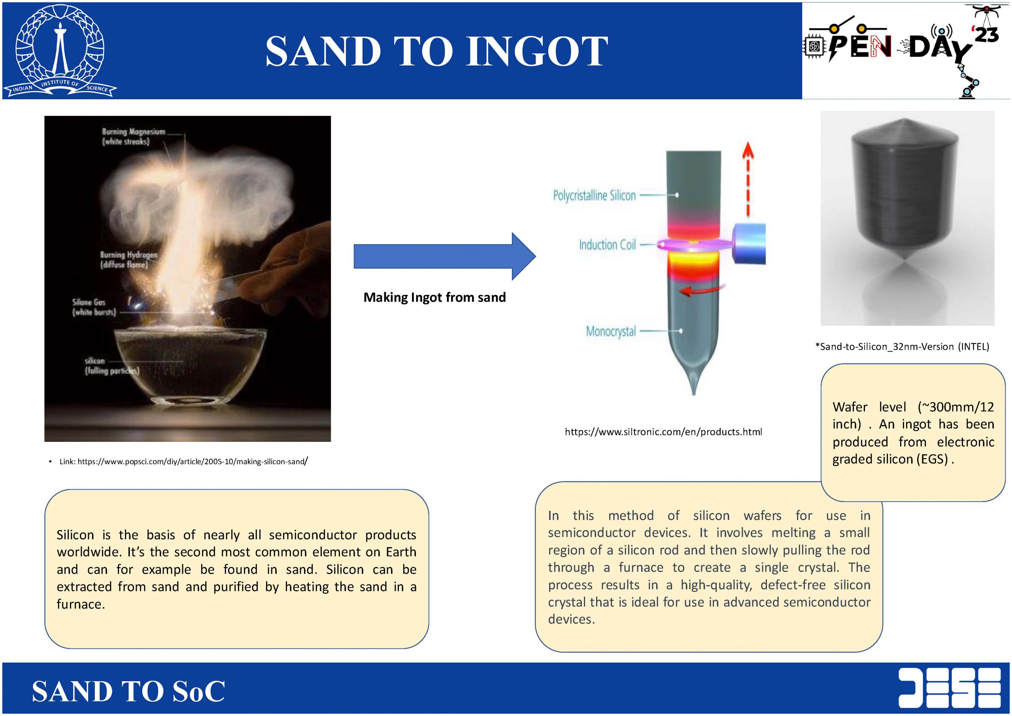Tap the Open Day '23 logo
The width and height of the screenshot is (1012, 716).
click(x=905, y=51)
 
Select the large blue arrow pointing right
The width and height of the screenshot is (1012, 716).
click(x=444, y=256)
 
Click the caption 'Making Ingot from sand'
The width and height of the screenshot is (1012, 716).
click(x=434, y=297)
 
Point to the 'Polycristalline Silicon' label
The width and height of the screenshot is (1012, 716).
click(x=594, y=195)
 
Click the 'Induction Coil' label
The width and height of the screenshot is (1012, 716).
click(x=607, y=245)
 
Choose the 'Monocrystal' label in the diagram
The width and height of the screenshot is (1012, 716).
click(x=611, y=331)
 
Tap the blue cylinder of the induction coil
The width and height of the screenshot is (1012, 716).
click(x=749, y=244)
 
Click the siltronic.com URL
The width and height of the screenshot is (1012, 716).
click(x=663, y=432)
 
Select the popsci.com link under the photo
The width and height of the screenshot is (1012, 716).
click(x=183, y=462)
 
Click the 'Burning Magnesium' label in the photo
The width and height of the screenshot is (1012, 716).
click(x=133, y=136)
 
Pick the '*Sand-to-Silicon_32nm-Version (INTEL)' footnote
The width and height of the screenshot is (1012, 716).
click(x=902, y=347)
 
